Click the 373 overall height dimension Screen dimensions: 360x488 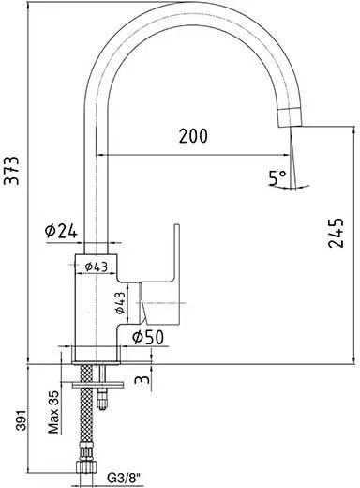12,171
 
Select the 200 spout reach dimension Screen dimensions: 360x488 193,136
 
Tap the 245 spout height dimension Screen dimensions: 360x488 337,233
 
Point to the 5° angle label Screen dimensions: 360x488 277,177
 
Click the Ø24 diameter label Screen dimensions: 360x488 61,231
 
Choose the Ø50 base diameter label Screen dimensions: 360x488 148,337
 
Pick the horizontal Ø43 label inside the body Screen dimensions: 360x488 97,267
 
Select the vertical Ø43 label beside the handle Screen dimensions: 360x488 120,302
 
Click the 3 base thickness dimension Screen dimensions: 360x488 142,379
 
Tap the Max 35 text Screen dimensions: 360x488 53,412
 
